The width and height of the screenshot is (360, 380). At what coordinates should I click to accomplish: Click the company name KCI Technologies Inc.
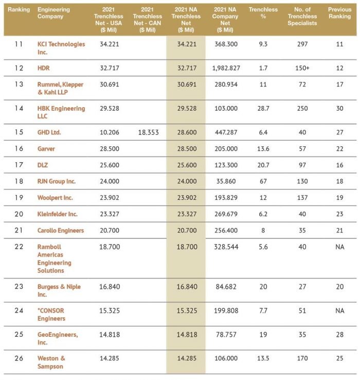click(x=61, y=48)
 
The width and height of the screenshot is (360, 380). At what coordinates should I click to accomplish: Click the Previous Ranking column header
click(x=339, y=16)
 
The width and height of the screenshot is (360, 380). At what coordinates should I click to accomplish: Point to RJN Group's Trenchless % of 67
click(x=263, y=182)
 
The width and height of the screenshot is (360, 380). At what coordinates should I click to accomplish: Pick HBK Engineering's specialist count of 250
click(x=302, y=109)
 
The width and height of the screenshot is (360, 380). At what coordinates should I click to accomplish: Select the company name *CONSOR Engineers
click(x=51, y=314)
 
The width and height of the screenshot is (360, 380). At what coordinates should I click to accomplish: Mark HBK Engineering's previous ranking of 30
click(x=339, y=109)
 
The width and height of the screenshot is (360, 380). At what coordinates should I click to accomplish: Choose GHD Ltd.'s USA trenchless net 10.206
click(x=109, y=132)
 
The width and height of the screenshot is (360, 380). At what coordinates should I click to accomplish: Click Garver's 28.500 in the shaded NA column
click(x=186, y=149)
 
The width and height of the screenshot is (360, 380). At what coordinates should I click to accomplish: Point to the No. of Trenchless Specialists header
click(x=302, y=16)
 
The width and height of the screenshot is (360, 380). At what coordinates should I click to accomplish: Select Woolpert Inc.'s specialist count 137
click(x=302, y=198)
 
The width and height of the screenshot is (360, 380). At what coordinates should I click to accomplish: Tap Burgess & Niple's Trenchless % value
click(x=263, y=287)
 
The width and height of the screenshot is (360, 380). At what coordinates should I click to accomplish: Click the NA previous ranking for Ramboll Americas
click(x=339, y=247)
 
